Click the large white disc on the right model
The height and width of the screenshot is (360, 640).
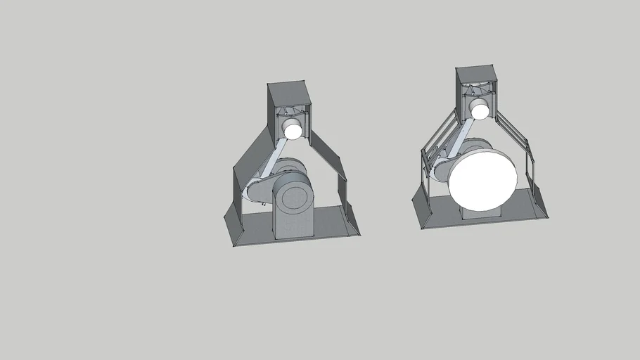point(482,179)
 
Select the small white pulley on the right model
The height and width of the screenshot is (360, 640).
point(480,109)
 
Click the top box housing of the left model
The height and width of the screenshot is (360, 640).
point(288,94)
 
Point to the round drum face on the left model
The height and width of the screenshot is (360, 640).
point(291,199)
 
